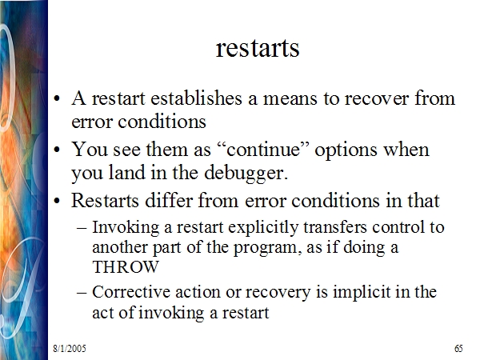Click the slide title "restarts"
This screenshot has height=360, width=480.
[258, 49]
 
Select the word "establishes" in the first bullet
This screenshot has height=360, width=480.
[196, 98]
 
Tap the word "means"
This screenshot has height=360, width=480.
[290, 99]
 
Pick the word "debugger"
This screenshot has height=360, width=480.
[246, 174]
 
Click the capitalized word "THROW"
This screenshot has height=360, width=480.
[126, 267]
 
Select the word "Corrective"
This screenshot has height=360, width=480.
[131, 292]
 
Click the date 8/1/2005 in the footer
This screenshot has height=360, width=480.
[70, 348]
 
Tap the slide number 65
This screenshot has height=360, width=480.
[458, 348]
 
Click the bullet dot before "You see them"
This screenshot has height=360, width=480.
[57, 150]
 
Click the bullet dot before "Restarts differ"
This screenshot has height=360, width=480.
[57, 201]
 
